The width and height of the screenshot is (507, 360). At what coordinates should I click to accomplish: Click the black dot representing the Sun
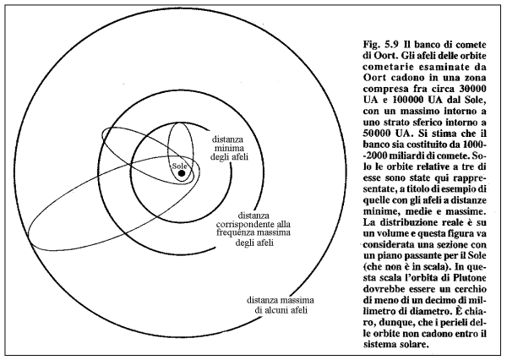[x=182, y=175]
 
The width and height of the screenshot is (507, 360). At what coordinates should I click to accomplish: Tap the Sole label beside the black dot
[x=178, y=166]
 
